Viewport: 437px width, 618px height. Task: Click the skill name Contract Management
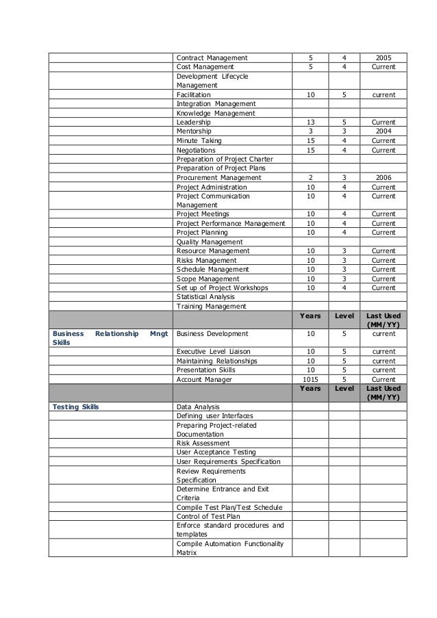(212, 57)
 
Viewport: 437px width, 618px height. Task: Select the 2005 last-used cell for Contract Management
(384, 57)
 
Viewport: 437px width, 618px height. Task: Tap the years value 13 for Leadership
(310, 122)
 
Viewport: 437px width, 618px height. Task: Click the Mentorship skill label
(194, 131)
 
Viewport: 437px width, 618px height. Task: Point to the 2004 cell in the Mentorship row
(384, 131)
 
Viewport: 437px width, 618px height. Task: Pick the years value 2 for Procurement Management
(310, 177)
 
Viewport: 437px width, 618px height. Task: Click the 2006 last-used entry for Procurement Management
(384, 177)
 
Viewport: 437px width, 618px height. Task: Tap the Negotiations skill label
(196, 150)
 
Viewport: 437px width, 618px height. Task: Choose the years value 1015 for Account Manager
(310, 379)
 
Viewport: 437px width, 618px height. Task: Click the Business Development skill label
(212, 334)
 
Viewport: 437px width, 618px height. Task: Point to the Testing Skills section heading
(75, 407)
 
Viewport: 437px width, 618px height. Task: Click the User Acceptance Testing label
(216, 452)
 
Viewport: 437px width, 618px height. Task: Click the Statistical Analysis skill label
(205, 297)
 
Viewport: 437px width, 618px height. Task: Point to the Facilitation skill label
(194, 94)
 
